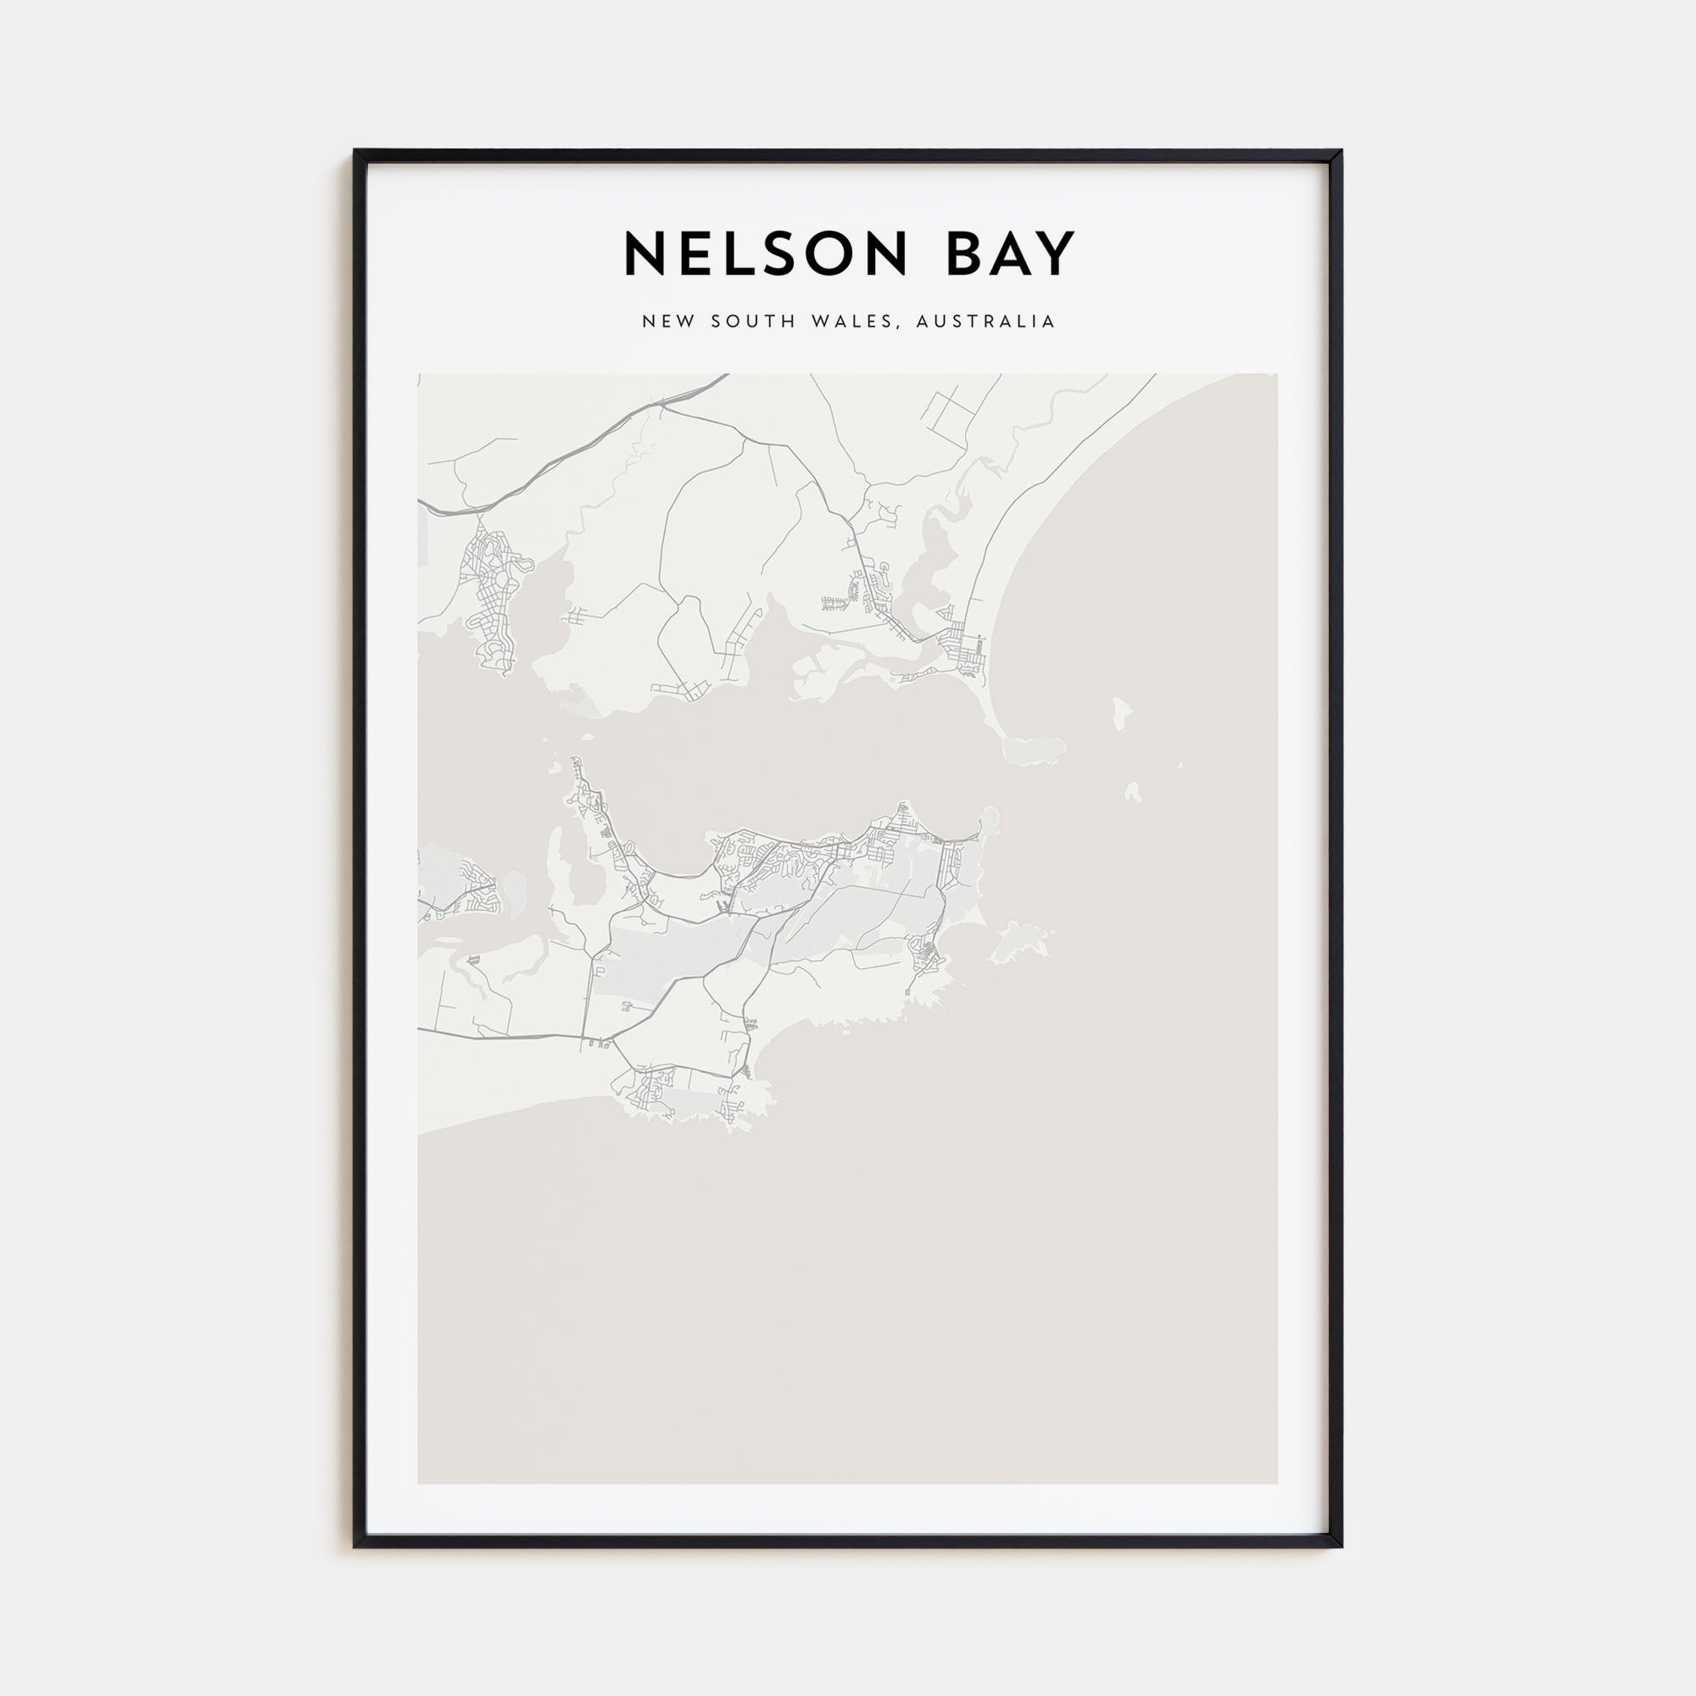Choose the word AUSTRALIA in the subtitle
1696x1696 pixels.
click(x=985, y=321)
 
